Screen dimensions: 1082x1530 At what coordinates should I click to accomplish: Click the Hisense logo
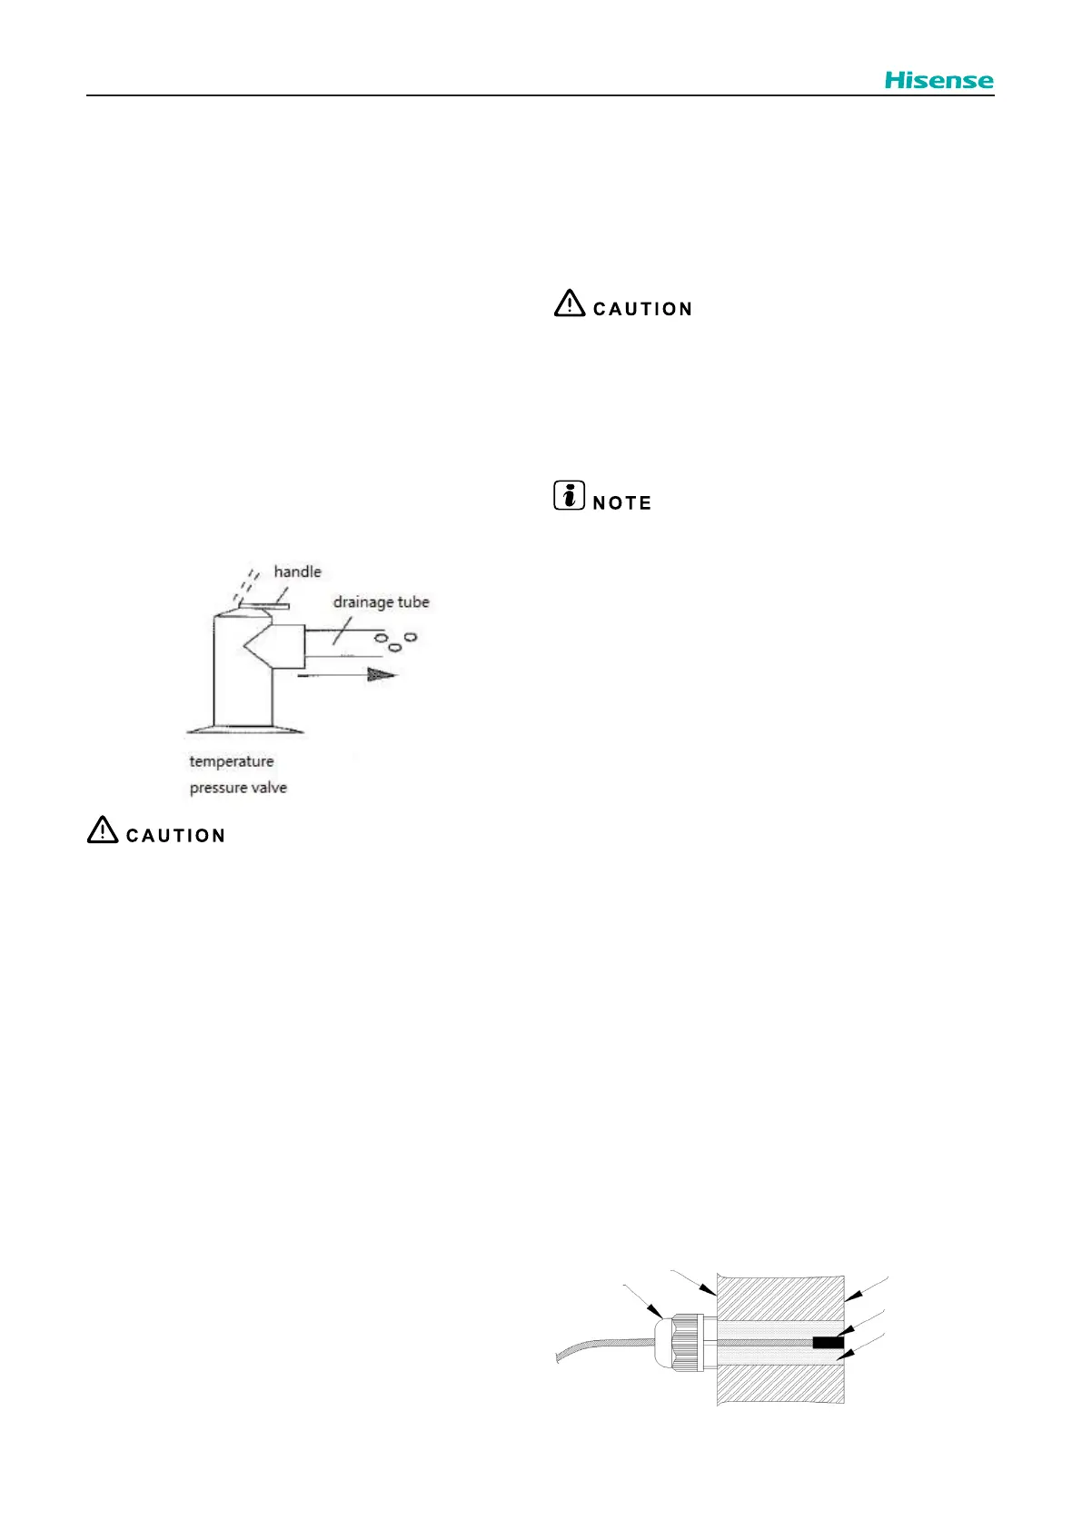pyautogui.click(x=938, y=80)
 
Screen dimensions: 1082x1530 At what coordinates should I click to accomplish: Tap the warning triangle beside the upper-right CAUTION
pyautogui.click(x=570, y=303)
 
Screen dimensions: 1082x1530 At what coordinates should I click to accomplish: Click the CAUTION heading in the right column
pyautogui.click(x=642, y=309)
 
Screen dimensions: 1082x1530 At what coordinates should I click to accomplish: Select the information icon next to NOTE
pyautogui.click(x=569, y=496)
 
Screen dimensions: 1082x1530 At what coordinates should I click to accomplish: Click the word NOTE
pyautogui.click(x=622, y=503)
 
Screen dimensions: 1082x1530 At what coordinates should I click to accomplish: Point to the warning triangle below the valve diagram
pyautogui.click(x=103, y=830)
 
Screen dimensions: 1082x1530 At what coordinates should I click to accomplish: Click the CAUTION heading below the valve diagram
pyautogui.click(x=175, y=836)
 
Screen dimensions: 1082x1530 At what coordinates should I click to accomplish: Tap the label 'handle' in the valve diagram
pyautogui.click(x=297, y=571)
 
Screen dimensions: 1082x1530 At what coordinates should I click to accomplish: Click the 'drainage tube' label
pyautogui.click(x=381, y=601)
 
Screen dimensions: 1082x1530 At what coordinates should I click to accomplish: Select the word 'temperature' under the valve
pyautogui.click(x=231, y=761)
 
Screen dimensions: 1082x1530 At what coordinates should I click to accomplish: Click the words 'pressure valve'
pyautogui.click(x=238, y=788)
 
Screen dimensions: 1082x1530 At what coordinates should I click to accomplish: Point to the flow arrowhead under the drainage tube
pyautogui.click(x=382, y=674)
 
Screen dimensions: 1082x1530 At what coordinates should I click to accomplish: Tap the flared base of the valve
pyautogui.click(x=245, y=729)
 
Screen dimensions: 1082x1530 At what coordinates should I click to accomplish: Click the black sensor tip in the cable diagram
pyautogui.click(x=828, y=1343)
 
